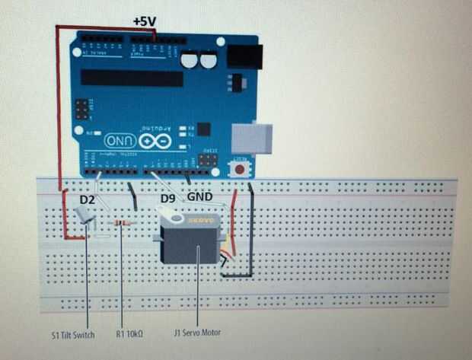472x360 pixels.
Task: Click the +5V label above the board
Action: click(145, 21)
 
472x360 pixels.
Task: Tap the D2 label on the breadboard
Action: click(87, 199)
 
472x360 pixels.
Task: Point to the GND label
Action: click(199, 196)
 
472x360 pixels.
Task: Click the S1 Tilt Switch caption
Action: click(73, 334)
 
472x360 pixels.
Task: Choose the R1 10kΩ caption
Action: click(131, 334)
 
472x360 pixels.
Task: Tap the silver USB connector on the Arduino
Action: click(251, 138)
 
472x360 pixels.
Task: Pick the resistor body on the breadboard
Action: click(121, 222)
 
